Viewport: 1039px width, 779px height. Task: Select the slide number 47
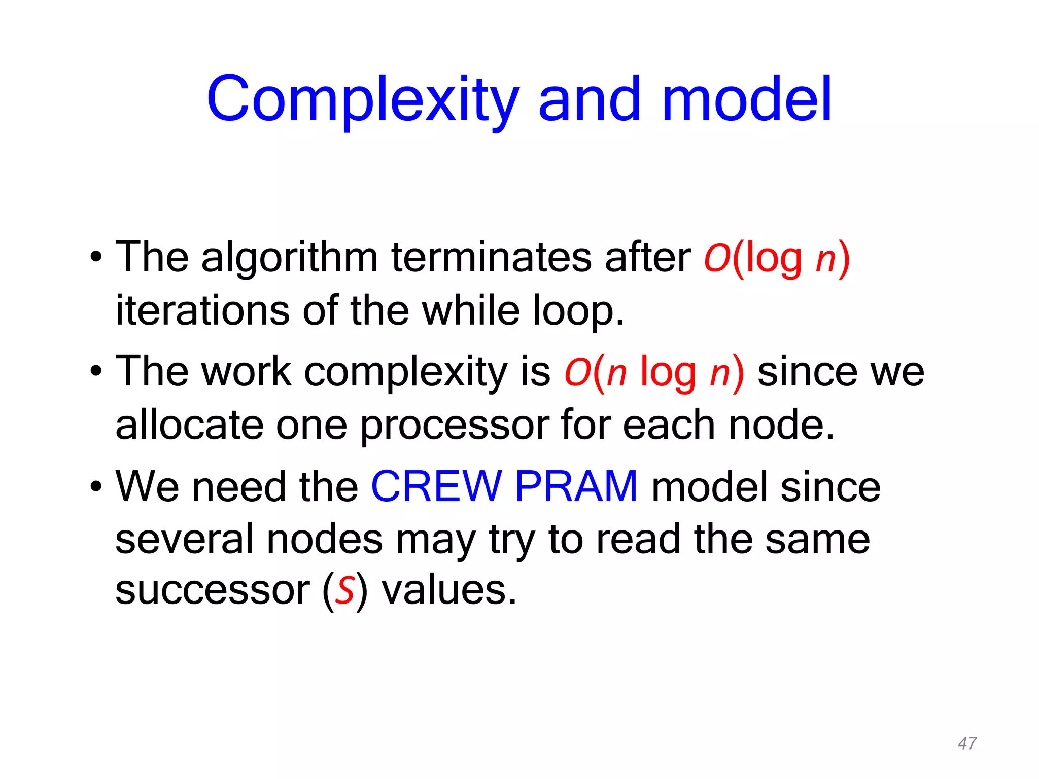pyautogui.click(x=967, y=743)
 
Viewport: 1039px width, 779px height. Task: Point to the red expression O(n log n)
pyautogui.click(x=654, y=372)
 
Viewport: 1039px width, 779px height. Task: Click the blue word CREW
pyautogui.click(x=436, y=486)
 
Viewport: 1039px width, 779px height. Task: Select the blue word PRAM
pyautogui.click(x=576, y=486)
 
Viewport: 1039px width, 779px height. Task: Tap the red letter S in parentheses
pyautogui.click(x=345, y=591)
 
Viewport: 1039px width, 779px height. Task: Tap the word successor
pyautogui.click(x=213, y=591)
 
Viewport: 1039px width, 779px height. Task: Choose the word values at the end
pyautogui.click(x=448, y=591)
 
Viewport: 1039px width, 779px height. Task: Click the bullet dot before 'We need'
pyautogui.click(x=96, y=487)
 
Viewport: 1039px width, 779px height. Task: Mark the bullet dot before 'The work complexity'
pyautogui.click(x=96, y=372)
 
